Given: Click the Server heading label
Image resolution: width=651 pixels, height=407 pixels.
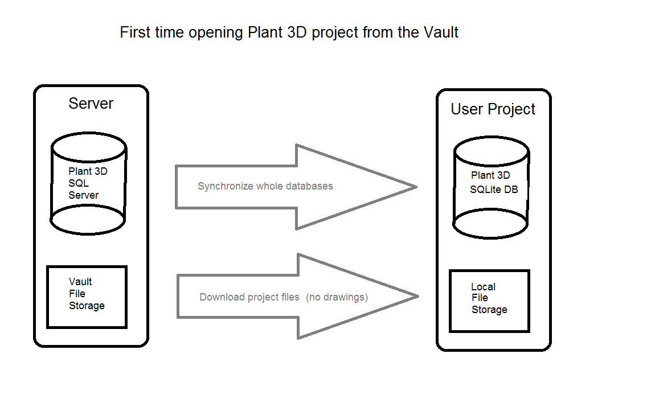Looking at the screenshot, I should click(91, 104).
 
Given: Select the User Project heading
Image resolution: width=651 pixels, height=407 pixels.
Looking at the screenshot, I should click(493, 109).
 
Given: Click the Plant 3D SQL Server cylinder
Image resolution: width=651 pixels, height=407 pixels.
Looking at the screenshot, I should click(88, 183).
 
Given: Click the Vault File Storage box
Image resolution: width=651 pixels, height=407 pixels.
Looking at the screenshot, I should click(87, 297).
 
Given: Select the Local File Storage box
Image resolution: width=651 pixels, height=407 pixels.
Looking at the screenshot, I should click(489, 301).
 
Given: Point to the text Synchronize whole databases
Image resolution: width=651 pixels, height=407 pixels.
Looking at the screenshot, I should click(265, 186).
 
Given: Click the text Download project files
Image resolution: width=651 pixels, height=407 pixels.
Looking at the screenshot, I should click(249, 297).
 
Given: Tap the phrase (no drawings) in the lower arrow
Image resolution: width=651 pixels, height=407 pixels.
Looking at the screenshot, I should click(337, 297).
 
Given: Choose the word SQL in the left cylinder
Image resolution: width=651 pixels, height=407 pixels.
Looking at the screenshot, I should click(79, 183).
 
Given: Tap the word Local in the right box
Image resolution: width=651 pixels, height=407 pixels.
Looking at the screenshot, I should click(483, 287).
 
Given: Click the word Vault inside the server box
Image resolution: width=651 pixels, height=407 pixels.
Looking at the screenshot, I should click(80, 282).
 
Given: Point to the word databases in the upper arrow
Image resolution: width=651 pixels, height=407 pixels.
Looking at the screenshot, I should click(311, 186).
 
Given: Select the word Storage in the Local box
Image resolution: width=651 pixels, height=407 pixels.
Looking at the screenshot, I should click(489, 310).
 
